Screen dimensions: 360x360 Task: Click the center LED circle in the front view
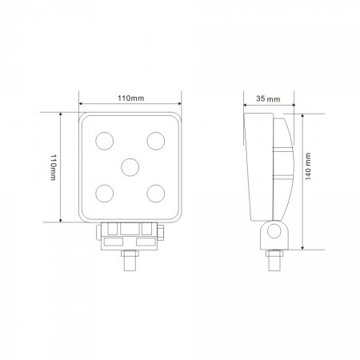point(130,166)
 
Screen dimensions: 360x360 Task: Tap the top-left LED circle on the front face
point(104,141)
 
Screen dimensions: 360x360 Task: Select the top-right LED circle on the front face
point(155,141)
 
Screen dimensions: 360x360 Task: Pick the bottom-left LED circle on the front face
point(104,192)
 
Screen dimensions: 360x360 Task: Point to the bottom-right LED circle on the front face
point(155,192)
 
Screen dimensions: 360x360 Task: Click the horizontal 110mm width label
point(130,98)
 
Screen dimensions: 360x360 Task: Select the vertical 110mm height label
point(52,166)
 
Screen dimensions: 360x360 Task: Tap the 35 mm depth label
point(269,98)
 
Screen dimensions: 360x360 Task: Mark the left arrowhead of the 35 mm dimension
point(246,104)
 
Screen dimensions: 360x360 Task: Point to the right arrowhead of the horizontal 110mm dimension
point(178,104)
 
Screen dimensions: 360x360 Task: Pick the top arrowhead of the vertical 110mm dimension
point(60,114)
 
